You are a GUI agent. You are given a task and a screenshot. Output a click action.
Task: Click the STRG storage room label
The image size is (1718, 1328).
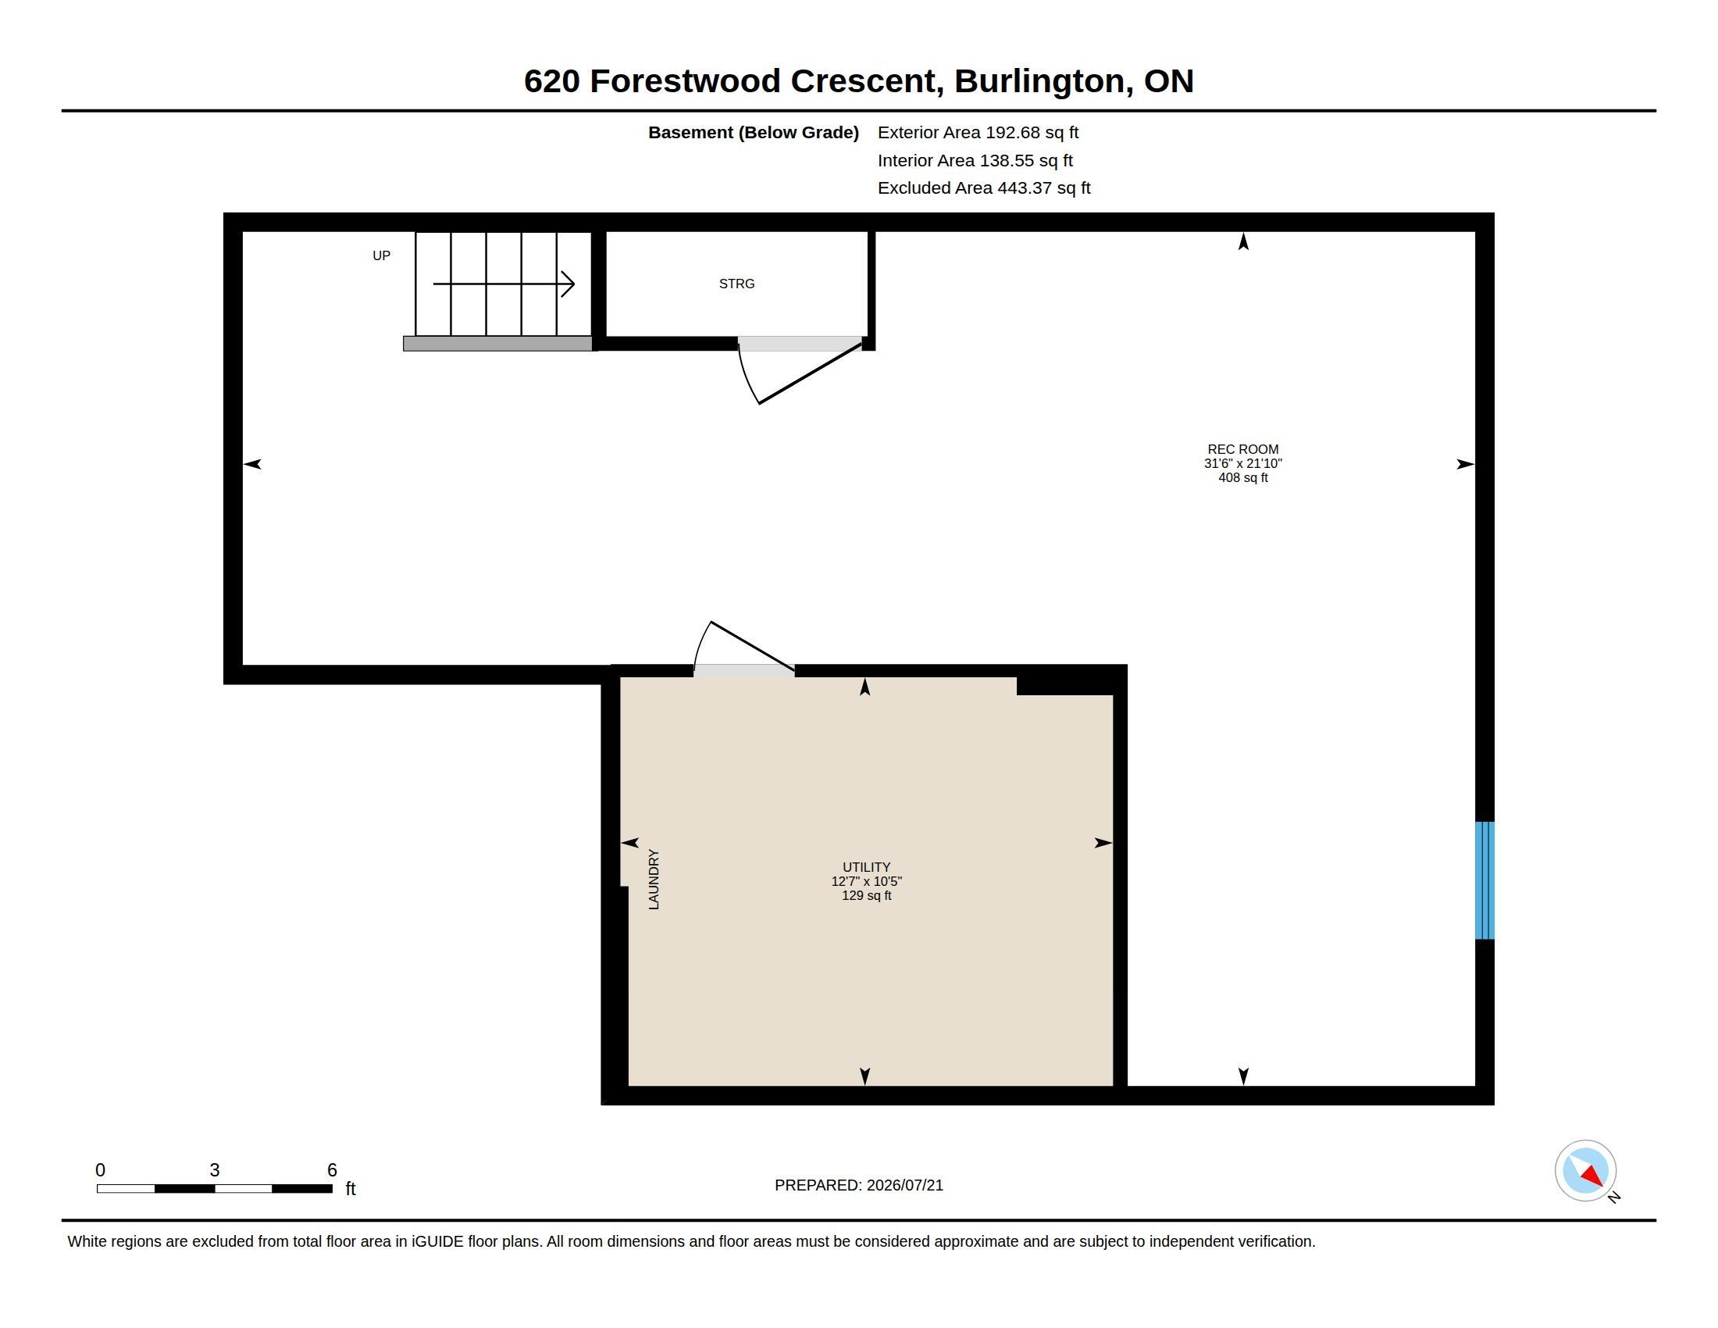point(736,284)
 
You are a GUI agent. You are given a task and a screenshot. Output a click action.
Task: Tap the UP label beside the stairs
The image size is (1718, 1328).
point(382,255)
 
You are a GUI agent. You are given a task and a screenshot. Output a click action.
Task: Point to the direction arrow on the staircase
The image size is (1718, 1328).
point(504,284)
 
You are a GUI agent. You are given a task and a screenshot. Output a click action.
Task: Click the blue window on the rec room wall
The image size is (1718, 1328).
point(1485,880)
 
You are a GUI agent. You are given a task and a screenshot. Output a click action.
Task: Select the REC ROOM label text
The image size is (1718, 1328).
point(1243,450)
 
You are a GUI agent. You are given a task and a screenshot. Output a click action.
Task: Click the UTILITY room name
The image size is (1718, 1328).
point(866,867)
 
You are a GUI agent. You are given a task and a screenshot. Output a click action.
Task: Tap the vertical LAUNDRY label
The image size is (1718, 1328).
point(654,880)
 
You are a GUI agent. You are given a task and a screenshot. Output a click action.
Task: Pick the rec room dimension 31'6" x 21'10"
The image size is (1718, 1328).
point(1243,464)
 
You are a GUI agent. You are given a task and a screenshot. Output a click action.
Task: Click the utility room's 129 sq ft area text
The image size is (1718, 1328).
point(866,895)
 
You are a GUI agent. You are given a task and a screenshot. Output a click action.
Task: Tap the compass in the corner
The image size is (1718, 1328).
point(1585,1171)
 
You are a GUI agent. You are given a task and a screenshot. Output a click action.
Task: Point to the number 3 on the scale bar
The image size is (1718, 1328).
point(214,1170)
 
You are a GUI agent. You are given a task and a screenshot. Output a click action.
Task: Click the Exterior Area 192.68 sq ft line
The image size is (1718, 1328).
point(978,133)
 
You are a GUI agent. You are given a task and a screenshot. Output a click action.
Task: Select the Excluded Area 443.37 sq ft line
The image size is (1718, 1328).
point(984,188)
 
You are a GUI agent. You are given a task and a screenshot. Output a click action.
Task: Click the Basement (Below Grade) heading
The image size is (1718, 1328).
point(753,133)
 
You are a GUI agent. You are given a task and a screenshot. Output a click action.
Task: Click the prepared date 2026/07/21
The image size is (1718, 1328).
point(904,1185)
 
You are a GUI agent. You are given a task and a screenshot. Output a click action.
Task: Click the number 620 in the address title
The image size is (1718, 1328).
point(552,81)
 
